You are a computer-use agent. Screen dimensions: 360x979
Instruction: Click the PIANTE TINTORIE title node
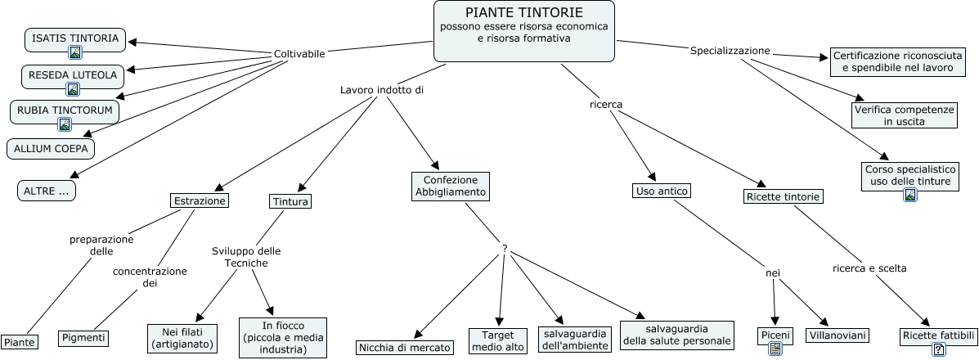(x=523, y=31)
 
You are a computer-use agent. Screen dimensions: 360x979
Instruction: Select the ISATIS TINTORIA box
(x=75, y=38)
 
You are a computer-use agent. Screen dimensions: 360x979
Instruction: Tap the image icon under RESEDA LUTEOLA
(x=73, y=89)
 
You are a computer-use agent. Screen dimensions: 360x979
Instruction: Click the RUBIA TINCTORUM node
(x=64, y=110)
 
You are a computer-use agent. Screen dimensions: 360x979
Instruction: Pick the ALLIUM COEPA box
(x=51, y=149)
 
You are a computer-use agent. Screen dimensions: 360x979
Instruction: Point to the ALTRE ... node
(x=46, y=191)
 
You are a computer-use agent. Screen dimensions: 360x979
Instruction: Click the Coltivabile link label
(x=299, y=54)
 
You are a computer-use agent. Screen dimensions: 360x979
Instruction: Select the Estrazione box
(x=199, y=200)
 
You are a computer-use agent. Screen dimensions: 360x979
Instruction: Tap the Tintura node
(x=290, y=200)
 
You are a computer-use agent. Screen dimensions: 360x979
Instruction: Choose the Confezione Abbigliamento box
(x=450, y=186)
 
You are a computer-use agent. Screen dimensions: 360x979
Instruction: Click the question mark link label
(x=505, y=247)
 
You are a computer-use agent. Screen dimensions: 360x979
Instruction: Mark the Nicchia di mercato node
(x=405, y=348)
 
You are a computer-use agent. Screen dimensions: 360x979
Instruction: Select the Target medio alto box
(x=497, y=340)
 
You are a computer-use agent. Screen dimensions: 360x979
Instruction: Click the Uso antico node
(x=662, y=191)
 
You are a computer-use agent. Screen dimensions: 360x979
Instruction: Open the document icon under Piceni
(x=775, y=349)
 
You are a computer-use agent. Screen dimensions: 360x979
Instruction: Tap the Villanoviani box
(x=838, y=335)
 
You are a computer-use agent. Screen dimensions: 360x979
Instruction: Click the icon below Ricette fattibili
(x=939, y=349)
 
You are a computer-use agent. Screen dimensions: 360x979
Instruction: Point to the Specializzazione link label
(x=730, y=51)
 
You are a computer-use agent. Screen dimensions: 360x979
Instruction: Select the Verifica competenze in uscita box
(x=904, y=115)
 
